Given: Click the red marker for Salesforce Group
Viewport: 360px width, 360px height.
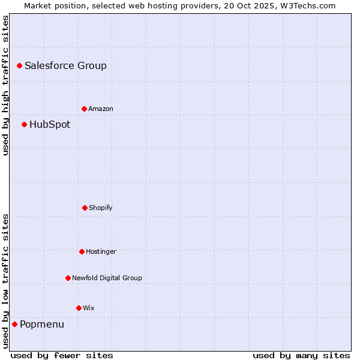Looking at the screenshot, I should [19, 65].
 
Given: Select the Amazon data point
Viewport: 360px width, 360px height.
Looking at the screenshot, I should [84, 109].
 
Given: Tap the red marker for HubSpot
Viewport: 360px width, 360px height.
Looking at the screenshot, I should [24, 124].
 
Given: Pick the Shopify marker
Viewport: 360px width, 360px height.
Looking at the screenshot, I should [85, 208].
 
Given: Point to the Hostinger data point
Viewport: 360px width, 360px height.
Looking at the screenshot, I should [82, 251].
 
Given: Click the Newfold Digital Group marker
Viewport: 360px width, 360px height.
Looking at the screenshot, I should [68, 278].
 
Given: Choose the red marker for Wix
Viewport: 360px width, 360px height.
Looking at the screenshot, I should [79, 308].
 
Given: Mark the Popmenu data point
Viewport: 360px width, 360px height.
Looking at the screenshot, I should [14, 324].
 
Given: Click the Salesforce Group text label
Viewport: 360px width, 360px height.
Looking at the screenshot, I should [65, 66].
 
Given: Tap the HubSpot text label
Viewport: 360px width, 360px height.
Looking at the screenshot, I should [50, 125].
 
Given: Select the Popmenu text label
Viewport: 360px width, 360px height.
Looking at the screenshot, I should [42, 325].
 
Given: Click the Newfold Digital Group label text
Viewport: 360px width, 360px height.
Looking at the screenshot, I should [107, 278].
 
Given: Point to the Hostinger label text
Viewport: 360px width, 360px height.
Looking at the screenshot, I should [101, 252].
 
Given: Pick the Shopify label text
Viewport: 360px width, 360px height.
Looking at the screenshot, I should [100, 208].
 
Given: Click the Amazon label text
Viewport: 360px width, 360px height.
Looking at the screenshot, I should [100, 109].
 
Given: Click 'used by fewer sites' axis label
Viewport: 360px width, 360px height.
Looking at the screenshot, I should [62, 355].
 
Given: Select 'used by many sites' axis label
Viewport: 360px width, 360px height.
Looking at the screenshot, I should [301, 355].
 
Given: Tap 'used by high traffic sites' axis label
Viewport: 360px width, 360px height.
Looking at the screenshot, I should [5, 85].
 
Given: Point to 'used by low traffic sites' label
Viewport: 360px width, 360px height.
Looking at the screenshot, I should [5, 281].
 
